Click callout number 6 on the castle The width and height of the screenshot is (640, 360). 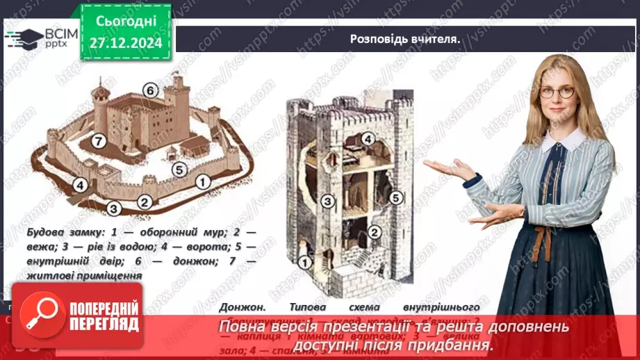[149, 89]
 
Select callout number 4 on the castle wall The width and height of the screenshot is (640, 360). [81, 185]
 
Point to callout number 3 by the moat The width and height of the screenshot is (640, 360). [114, 206]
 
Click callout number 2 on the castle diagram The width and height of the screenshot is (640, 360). [145, 202]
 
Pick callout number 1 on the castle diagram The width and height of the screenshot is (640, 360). [203, 182]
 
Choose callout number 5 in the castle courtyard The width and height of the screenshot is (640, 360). [179, 169]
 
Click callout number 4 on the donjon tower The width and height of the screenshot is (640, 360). [370, 139]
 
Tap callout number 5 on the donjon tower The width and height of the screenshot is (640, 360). [395, 197]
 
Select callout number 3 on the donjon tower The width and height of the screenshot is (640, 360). [327, 202]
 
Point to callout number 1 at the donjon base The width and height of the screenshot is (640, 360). [303, 262]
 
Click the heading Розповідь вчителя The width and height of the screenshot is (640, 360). [405, 39]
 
